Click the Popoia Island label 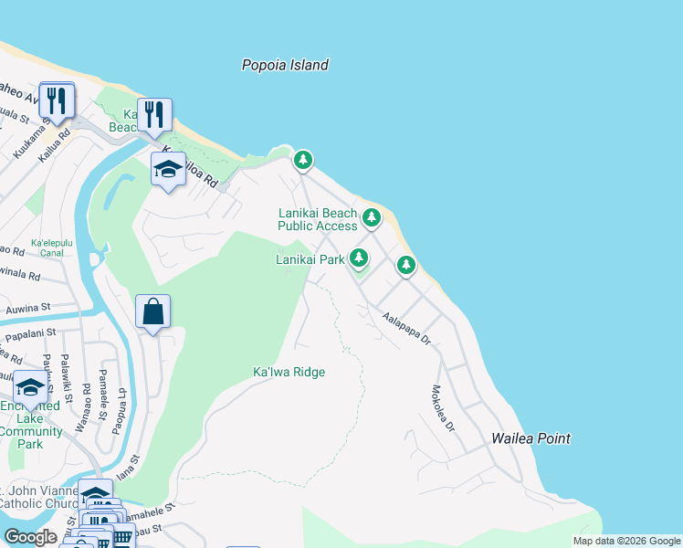285,65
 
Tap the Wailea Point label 531,438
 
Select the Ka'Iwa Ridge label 289,372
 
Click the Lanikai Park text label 310,259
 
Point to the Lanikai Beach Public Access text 318,219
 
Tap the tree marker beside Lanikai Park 359,258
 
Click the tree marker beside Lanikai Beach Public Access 371,217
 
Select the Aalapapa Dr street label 406,329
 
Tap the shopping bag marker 152,311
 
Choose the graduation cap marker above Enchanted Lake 31,388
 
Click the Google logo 30,537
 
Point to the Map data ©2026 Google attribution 626,541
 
